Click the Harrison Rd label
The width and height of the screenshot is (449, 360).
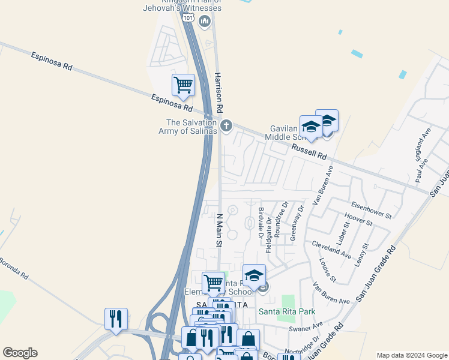(x=218, y=94)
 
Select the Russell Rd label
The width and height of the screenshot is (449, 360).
(x=309, y=151)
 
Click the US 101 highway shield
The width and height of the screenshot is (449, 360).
(x=188, y=17)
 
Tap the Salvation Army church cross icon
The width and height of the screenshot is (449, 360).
(x=226, y=126)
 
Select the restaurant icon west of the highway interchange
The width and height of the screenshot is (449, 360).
(x=116, y=318)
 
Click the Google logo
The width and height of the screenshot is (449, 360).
(x=20, y=353)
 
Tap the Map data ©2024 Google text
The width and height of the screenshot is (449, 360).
(x=412, y=355)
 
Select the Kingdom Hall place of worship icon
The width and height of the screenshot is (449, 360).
(x=205, y=22)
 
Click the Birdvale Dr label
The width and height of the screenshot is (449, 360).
(x=261, y=222)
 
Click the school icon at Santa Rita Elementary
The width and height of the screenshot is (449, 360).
(x=254, y=275)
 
